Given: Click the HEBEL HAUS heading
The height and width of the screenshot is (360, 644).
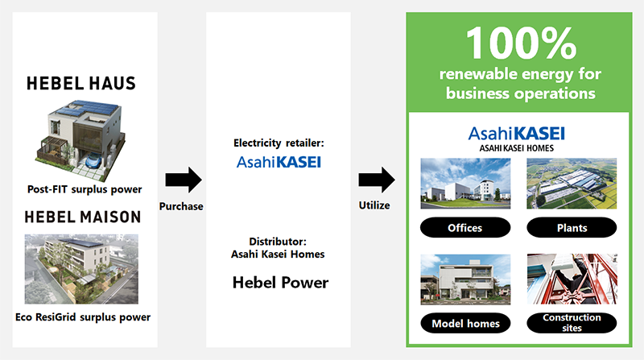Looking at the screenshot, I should tap(80, 83).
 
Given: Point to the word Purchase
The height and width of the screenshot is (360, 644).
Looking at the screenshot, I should tap(181, 206).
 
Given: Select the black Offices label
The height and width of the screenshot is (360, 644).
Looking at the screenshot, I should tap(464, 228).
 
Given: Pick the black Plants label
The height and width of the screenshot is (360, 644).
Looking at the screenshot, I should tap(571, 228).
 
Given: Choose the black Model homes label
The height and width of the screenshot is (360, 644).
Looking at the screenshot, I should tap(464, 323).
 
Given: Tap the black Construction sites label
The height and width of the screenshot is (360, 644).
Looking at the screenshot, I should tap(571, 323).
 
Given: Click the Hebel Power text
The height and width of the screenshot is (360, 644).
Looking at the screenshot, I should tap(279, 283).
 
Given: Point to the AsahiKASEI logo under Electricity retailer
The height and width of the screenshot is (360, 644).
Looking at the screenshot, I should tap(279, 162).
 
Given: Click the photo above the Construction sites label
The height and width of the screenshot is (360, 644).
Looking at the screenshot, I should tap(571, 279).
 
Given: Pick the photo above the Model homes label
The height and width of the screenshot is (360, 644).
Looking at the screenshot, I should tap(464, 279).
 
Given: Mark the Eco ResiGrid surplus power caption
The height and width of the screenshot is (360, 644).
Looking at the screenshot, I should tap(83, 317).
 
